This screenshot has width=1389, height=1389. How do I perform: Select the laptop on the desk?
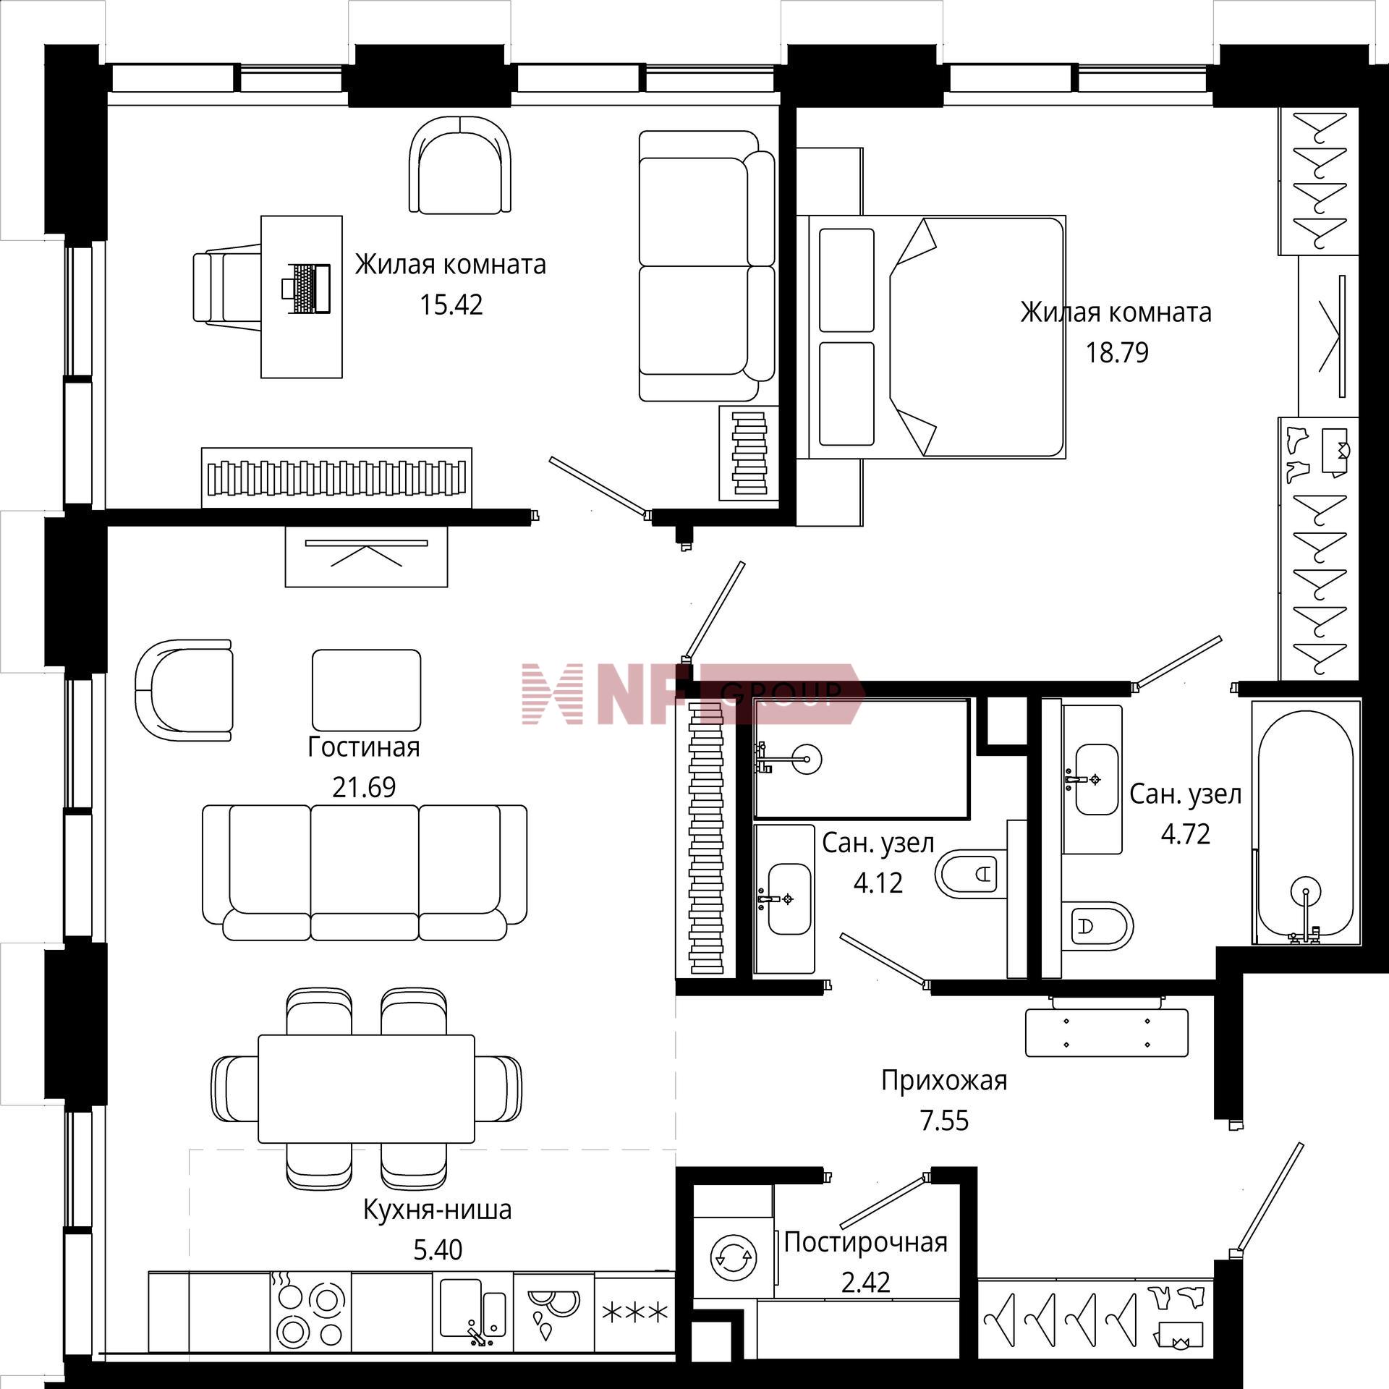tap(306, 289)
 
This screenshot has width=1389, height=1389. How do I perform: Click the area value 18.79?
tap(1116, 353)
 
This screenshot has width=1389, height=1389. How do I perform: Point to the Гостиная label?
tap(364, 747)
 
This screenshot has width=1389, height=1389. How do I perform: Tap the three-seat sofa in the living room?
tap(365, 872)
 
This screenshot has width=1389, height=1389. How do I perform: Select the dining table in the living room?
tap(367, 1088)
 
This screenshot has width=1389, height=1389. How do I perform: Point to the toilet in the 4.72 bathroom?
tap(1097, 926)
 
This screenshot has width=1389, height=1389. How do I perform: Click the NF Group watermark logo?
tap(693, 693)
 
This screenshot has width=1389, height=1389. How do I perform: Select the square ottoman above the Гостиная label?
tap(366, 690)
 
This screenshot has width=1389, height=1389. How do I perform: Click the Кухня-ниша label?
tap(437, 1210)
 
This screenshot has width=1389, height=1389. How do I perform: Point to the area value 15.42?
tap(451, 305)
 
